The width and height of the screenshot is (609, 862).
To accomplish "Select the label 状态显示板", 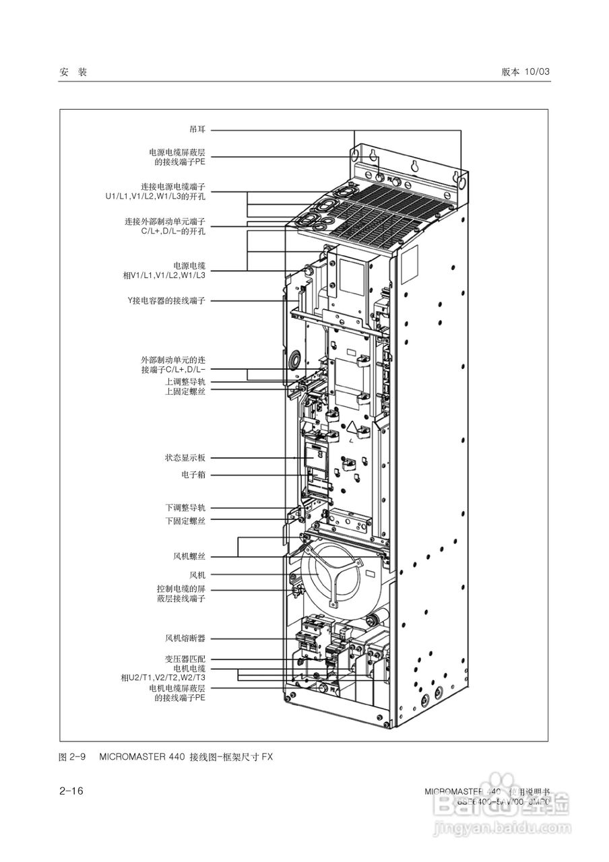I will pyautogui.click(x=185, y=458).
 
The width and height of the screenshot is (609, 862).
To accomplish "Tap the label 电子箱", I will pyautogui.click(x=193, y=475).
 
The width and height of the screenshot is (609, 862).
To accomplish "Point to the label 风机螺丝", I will pyautogui.click(x=189, y=557).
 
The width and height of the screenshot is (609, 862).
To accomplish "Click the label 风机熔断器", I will pyautogui.click(x=185, y=637).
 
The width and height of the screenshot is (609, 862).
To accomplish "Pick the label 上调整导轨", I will pyautogui.click(x=185, y=382).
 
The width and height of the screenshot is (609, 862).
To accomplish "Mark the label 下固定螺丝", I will pyautogui.click(x=185, y=521).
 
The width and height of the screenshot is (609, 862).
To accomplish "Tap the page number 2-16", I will pyautogui.click(x=71, y=791).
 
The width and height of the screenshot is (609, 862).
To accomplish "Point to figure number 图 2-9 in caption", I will pyautogui.click(x=73, y=756).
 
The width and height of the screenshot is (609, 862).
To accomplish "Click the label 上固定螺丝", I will pyautogui.click(x=185, y=391).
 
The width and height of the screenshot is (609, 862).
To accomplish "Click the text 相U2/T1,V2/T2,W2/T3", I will pyautogui.click(x=163, y=677).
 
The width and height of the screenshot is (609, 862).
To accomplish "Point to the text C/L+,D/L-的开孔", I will pyautogui.click(x=173, y=230).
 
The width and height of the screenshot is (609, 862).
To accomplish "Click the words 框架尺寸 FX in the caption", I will pyautogui.click(x=250, y=756).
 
